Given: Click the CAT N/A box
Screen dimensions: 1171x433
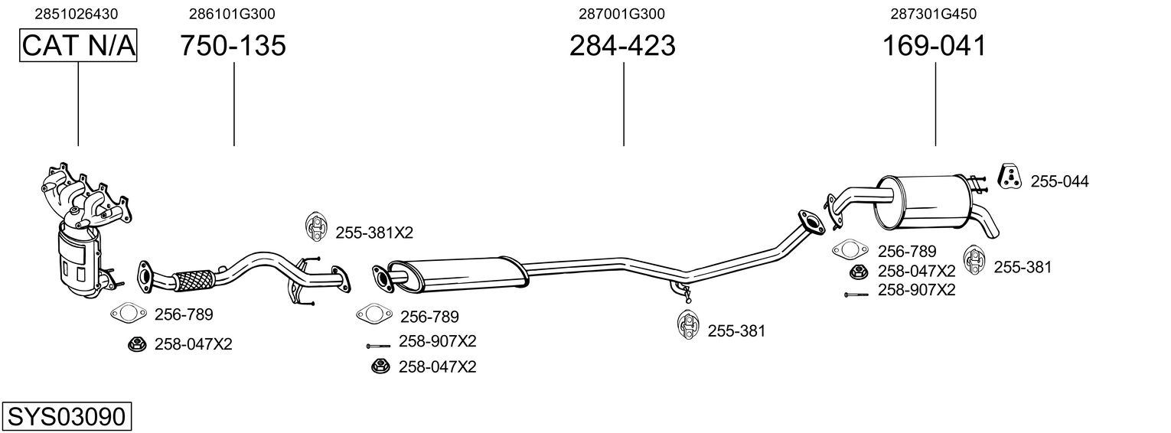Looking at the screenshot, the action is (x=78, y=47).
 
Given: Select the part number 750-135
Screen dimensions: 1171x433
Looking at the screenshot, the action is (x=233, y=47).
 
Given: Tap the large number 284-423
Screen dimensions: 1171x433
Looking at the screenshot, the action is (x=622, y=47).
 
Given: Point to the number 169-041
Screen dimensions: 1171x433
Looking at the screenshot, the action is (x=935, y=47).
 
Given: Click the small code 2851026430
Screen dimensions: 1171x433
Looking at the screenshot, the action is (x=77, y=14).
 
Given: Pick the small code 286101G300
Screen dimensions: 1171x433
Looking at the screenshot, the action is (x=232, y=14).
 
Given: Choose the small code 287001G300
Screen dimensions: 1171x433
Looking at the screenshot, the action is (x=621, y=14).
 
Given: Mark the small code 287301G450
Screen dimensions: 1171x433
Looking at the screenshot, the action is (x=934, y=14).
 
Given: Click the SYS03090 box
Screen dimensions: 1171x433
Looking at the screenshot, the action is (x=67, y=417).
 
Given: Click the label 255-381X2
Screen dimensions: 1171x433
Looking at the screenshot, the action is (x=368, y=232).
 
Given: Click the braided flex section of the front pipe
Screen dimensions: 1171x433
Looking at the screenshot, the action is (x=194, y=278).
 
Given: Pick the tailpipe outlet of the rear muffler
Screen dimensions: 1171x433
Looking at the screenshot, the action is (x=991, y=226).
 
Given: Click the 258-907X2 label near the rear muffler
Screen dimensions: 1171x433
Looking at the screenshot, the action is (x=916, y=290).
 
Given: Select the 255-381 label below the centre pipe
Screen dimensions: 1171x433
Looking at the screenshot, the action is (x=736, y=331).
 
